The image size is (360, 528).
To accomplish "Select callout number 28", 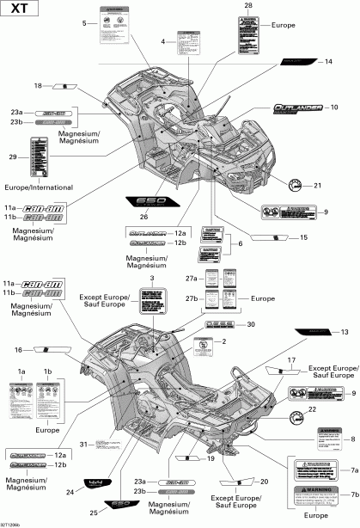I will coord(248,7).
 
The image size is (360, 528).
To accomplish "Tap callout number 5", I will coord(84,23).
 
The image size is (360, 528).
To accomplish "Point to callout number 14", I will coord(328,62).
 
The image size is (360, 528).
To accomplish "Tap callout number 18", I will coord(38,86).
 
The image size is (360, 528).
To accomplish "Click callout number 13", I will coord(345,331).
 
